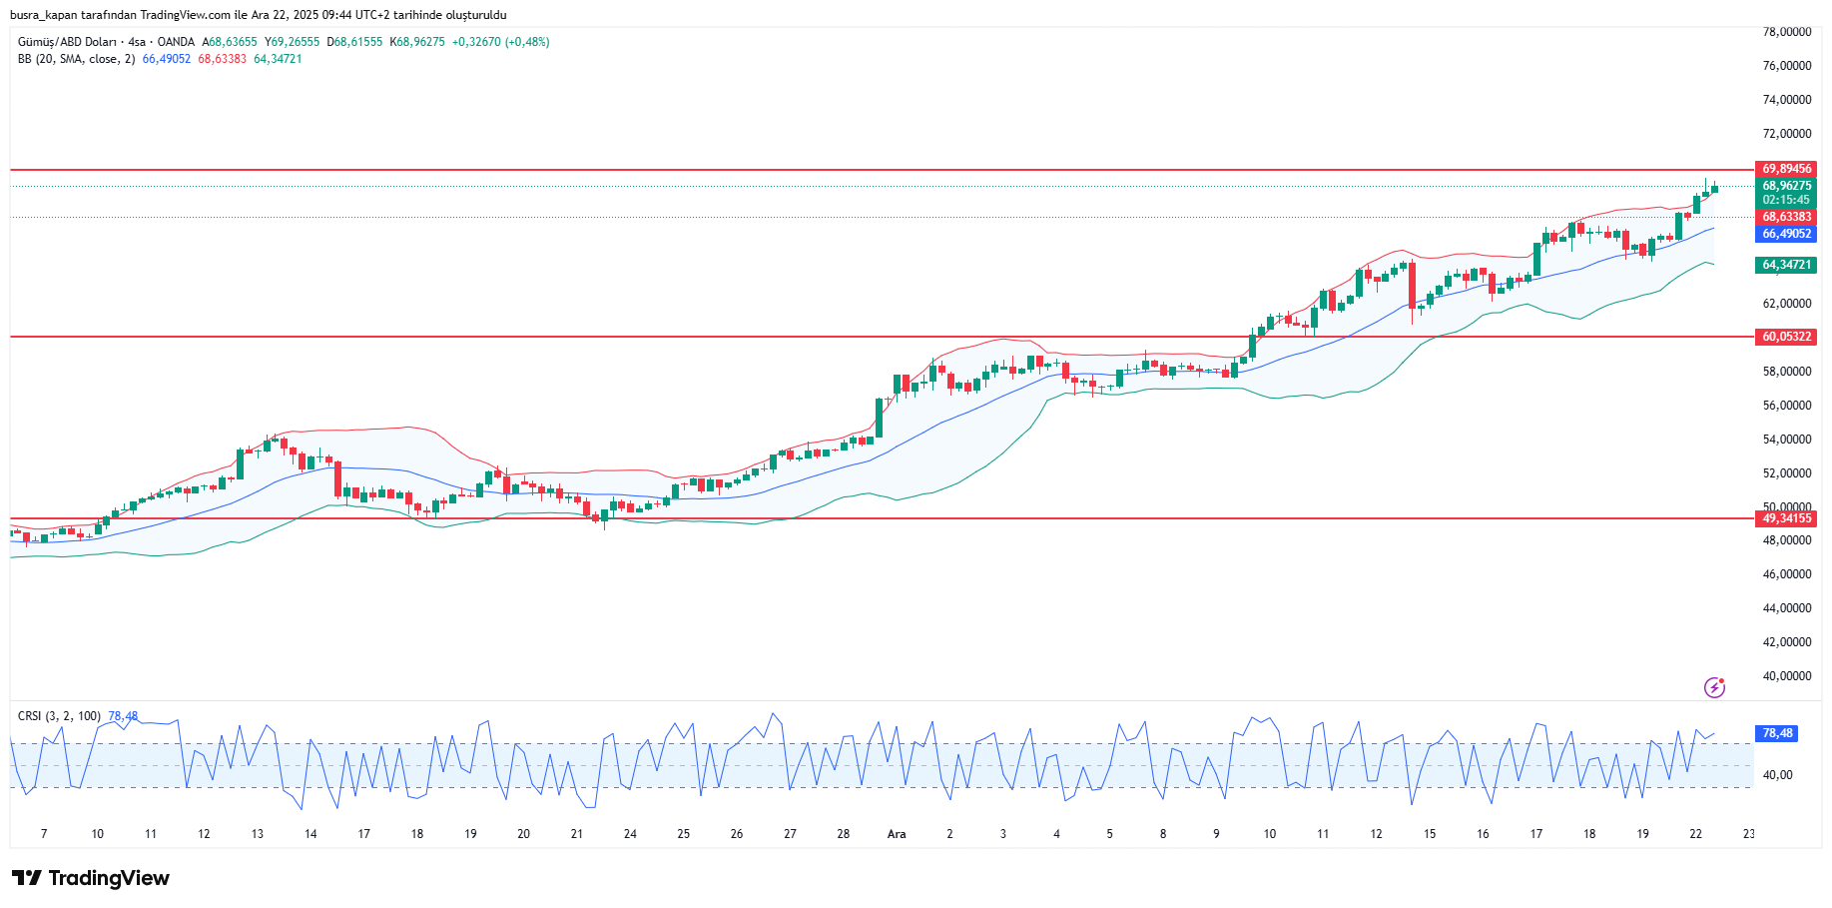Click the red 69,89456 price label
[x=1785, y=169]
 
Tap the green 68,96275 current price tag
[x=1785, y=186]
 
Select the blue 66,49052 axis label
[x=1785, y=234]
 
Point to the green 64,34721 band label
[x=1785, y=265]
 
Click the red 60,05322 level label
[x=1785, y=337]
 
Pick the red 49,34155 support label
[x=1785, y=518]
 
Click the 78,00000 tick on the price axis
[x=1786, y=32]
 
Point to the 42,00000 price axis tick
[x=1786, y=642]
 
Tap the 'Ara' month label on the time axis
[x=897, y=834]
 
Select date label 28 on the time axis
[x=844, y=834]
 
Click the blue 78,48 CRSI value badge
[x=1777, y=733]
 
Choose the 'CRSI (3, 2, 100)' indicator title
[x=59, y=716]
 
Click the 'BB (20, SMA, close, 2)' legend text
[x=76, y=59]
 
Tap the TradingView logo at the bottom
[x=91, y=878]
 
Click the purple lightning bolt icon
[x=1714, y=687]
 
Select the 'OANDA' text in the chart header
[x=176, y=42]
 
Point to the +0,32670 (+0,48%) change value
[x=500, y=42]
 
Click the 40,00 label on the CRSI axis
[x=1777, y=775]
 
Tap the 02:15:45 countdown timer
[x=1785, y=200]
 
